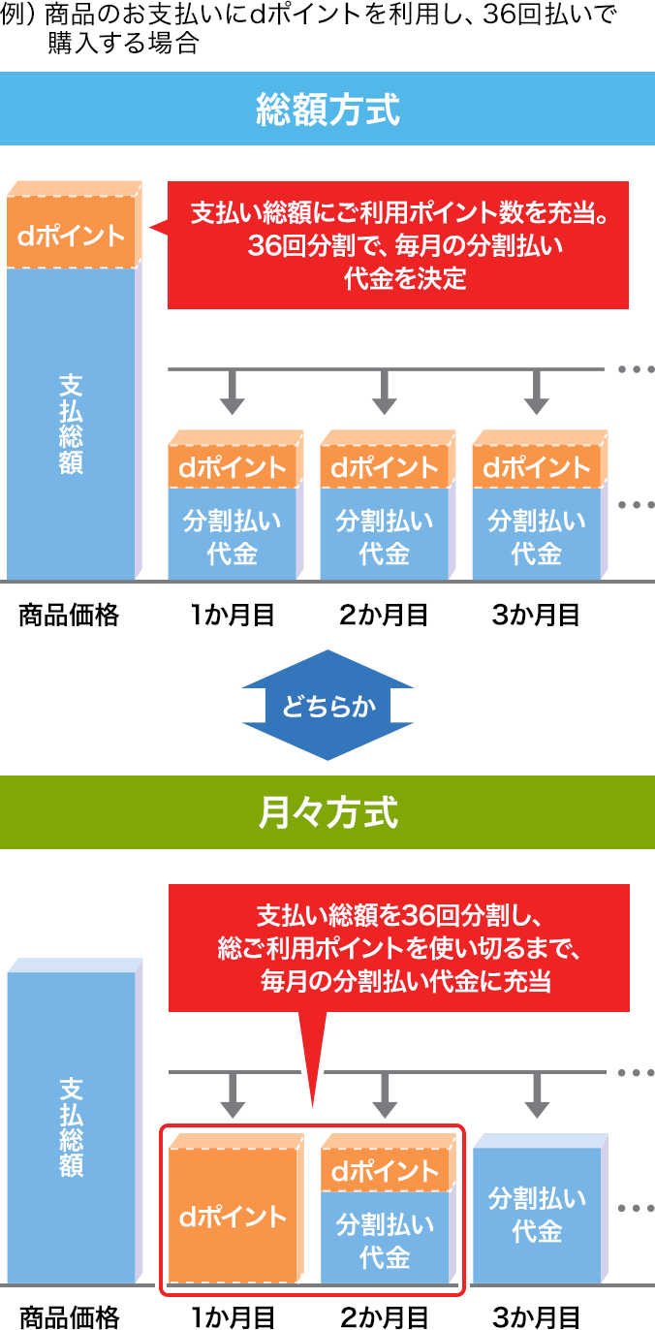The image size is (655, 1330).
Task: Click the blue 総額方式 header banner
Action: [327, 109]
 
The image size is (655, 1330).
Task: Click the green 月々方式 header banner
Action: [327, 812]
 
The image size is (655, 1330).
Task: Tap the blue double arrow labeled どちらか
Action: [327, 706]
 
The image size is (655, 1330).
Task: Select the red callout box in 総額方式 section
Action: [397, 245]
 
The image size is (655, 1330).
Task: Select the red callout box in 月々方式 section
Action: [397, 947]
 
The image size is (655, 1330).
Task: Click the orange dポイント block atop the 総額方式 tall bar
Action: [73, 235]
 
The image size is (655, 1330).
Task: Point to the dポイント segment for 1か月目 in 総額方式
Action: [232, 467]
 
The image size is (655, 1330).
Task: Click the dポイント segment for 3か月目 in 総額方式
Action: [536, 467]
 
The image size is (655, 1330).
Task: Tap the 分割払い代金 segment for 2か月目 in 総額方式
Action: [385, 537]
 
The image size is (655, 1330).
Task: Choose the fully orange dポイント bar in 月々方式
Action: [233, 1216]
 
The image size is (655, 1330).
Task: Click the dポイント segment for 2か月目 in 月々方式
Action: [385, 1171]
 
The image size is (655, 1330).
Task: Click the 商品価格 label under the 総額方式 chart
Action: [69, 615]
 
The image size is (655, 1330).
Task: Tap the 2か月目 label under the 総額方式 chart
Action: [384, 615]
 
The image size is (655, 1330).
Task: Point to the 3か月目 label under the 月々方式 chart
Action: [536, 1316]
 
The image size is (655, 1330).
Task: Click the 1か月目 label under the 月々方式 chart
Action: [233, 1316]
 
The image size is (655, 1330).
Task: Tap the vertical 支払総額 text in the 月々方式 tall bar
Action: [71, 1126]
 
